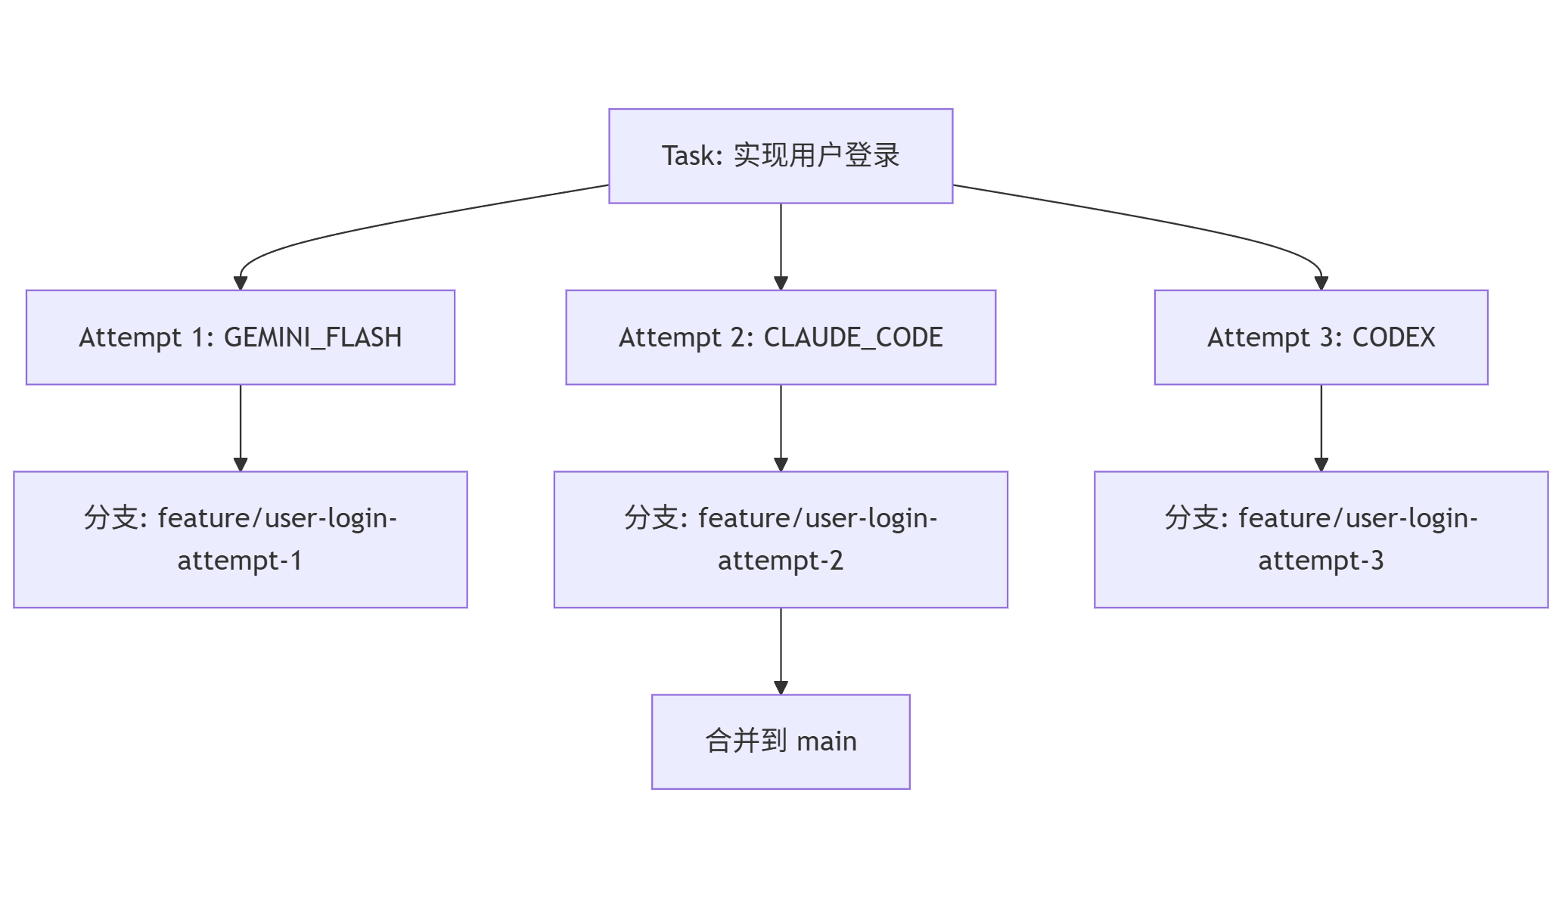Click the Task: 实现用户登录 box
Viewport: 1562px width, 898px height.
(x=780, y=156)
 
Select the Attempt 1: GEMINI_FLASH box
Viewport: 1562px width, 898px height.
(x=240, y=337)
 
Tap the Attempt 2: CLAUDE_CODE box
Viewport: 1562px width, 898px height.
(x=780, y=337)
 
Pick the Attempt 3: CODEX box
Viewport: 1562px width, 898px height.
(x=1320, y=337)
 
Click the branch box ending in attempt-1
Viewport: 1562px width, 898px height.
(x=240, y=539)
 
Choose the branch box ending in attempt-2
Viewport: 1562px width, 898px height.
(x=780, y=539)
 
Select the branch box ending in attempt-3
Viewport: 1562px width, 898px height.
(x=1320, y=539)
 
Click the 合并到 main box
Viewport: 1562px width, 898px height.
(x=780, y=741)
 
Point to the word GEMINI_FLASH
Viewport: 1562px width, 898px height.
(x=312, y=337)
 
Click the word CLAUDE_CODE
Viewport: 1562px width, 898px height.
(x=852, y=337)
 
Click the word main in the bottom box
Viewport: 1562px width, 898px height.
(x=826, y=741)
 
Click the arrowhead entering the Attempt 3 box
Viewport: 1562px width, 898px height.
(x=1321, y=284)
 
